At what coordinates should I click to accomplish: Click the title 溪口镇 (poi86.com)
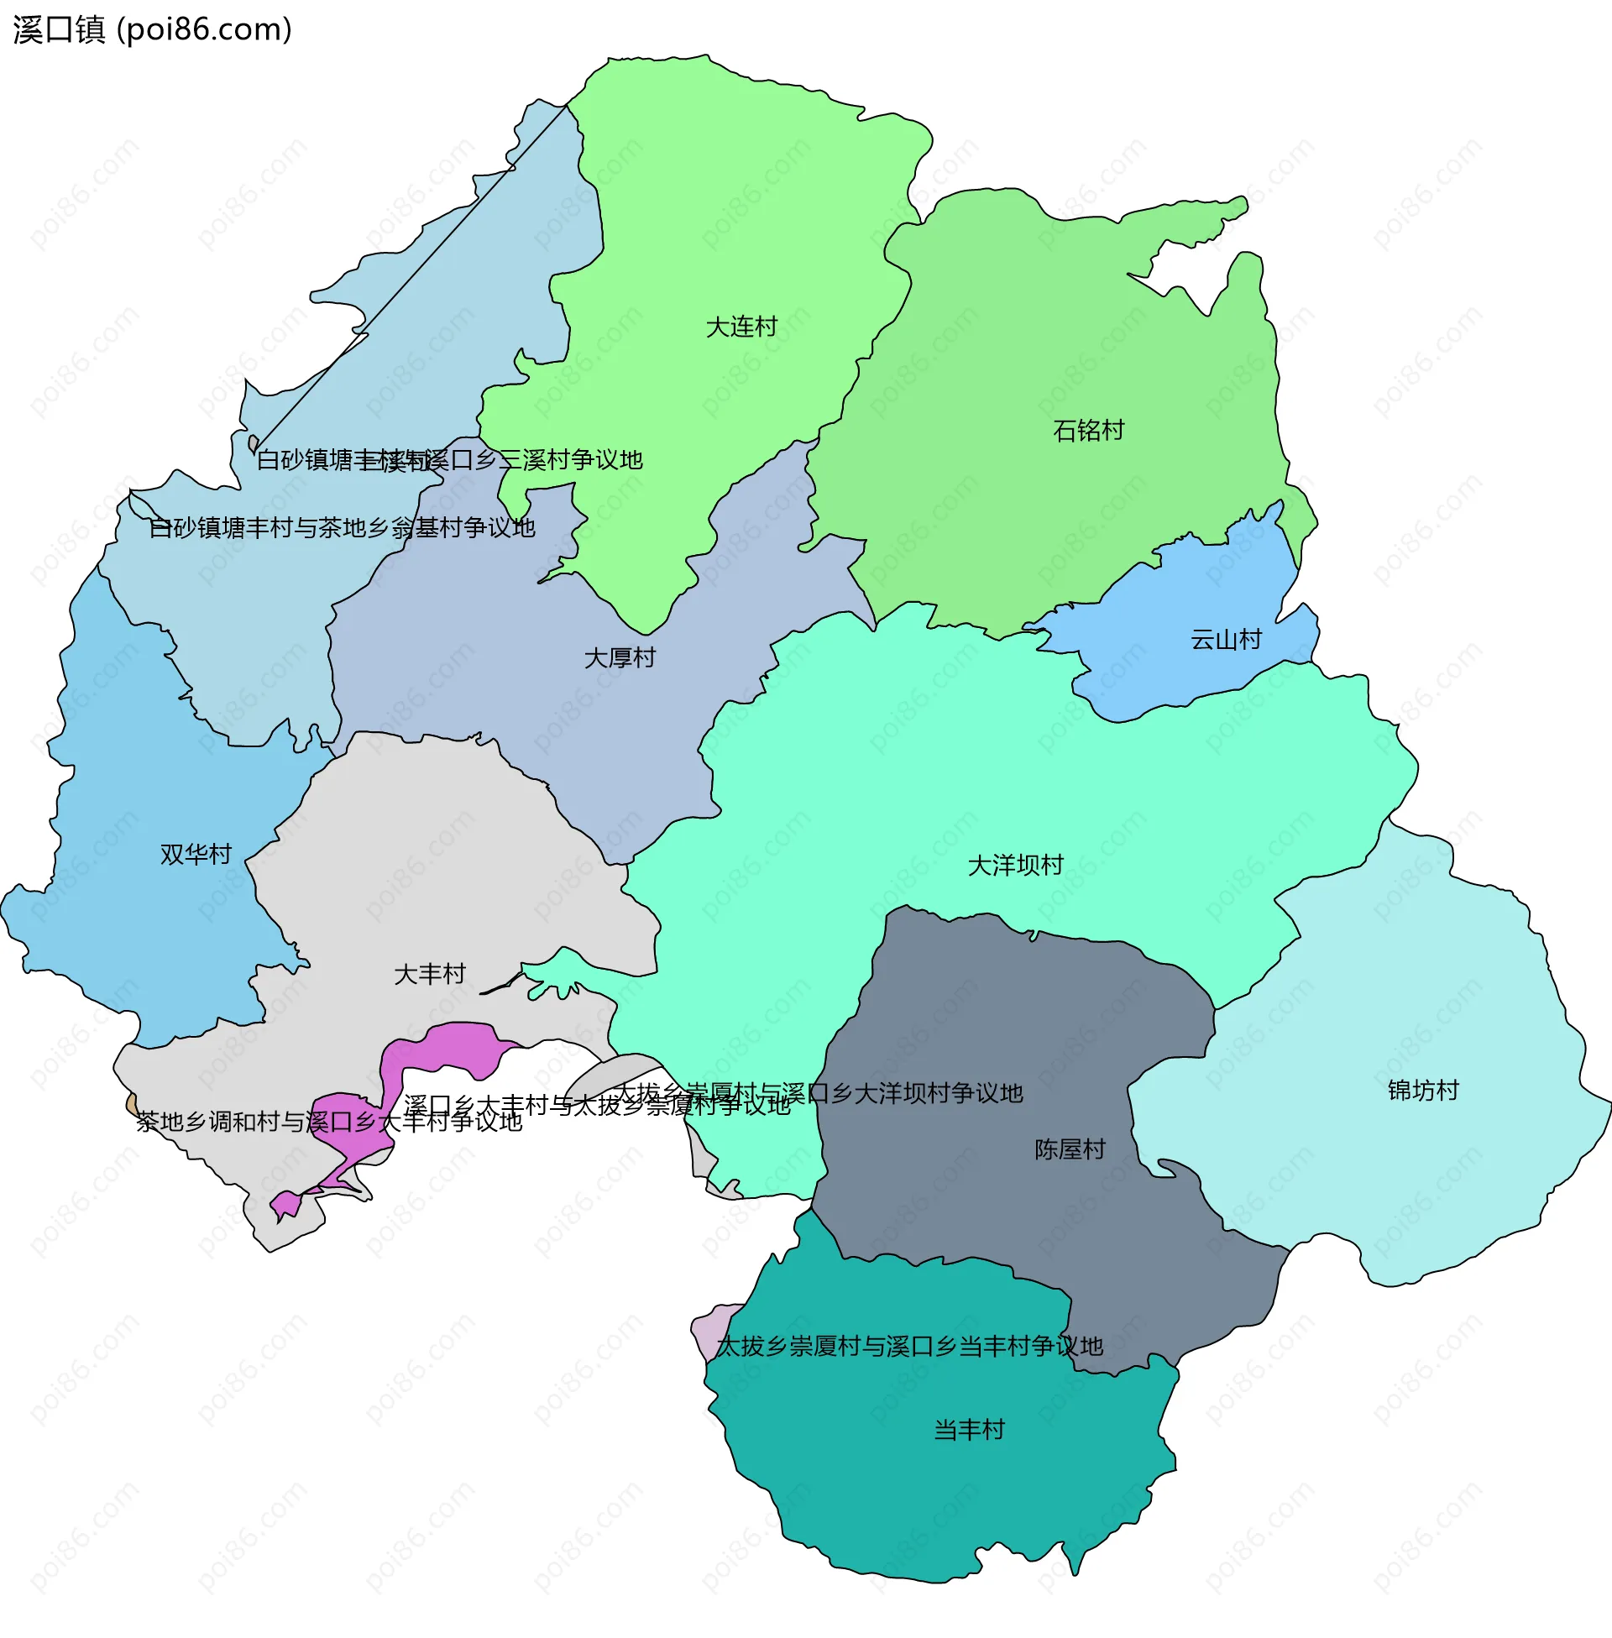(153, 29)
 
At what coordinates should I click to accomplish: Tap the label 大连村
(741, 327)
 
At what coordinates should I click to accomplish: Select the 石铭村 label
(1088, 431)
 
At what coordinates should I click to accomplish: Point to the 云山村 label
(1225, 640)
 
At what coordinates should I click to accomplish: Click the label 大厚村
(619, 657)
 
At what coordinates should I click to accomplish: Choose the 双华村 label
(196, 854)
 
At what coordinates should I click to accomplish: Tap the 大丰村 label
(429, 975)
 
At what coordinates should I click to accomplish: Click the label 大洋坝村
(1014, 865)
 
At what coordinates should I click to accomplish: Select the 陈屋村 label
(1070, 1149)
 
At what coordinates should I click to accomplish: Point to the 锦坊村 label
(1422, 1091)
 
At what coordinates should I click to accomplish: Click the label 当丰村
(969, 1431)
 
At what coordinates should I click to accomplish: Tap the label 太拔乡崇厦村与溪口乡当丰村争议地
(908, 1347)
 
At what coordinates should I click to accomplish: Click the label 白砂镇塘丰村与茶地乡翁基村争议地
(341, 528)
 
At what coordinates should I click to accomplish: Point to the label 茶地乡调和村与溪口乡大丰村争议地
(329, 1123)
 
